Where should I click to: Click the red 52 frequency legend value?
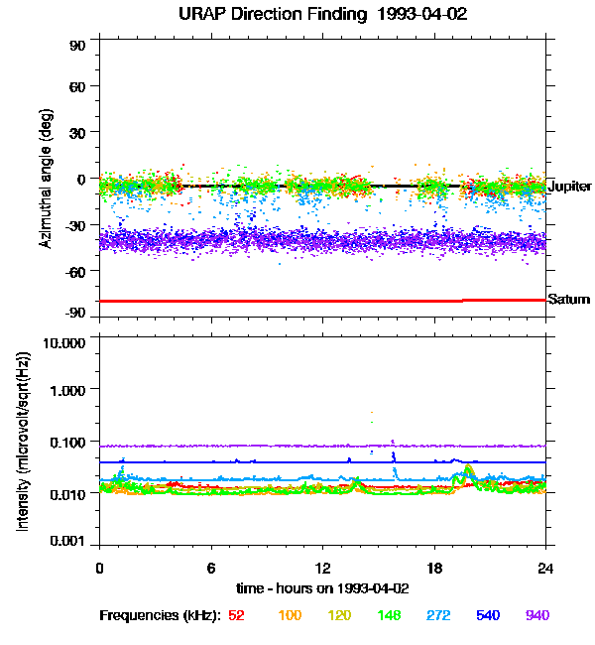click(x=236, y=616)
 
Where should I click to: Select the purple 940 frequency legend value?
click(x=536, y=616)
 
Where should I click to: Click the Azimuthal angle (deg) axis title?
click(x=46, y=179)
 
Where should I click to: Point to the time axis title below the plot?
click(x=321, y=588)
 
